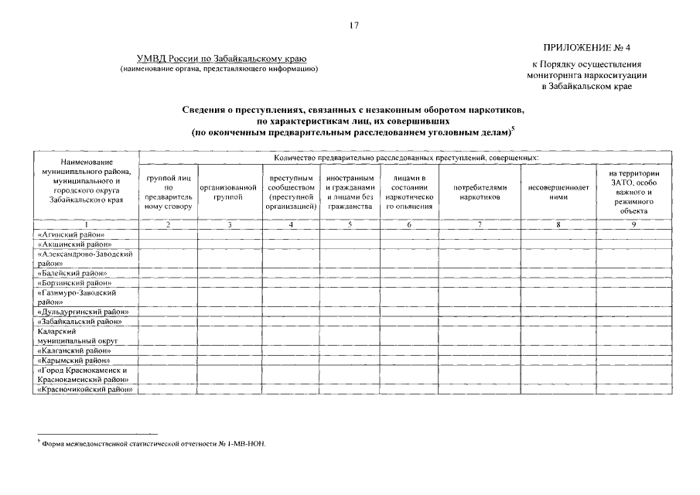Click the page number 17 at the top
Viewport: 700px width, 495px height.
click(353, 26)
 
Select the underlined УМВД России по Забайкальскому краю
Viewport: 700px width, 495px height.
click(222, 60)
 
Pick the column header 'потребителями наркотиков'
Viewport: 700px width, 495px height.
click(480, 192)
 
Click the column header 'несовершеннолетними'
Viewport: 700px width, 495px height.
click(558, 192)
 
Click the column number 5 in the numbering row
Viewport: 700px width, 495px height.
click(350, 224)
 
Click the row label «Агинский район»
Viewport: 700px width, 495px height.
click(70, 234)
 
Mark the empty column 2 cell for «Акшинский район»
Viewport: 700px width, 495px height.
click(168, 243)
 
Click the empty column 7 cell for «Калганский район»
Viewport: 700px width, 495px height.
click(480, 350)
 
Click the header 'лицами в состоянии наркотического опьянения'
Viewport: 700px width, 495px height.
click(409, 192)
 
